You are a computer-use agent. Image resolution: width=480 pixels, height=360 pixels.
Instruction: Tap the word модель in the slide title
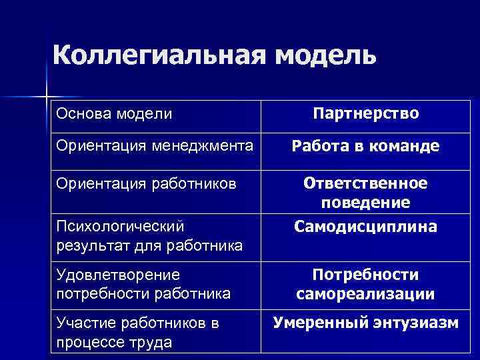click(x=324, y=55)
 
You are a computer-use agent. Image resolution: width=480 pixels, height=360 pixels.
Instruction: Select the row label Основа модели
click(x=114, y=114)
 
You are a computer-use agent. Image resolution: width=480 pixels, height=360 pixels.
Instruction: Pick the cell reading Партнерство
click(x=365, y=113)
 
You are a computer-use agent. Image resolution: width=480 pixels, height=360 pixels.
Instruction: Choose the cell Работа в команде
click(x=365, y=146)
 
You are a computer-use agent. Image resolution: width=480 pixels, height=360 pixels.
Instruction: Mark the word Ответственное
click(x=365, y=183)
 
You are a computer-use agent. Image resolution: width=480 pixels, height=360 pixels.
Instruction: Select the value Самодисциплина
click(x=365, y=227)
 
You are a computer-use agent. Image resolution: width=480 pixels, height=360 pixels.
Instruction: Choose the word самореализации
click(x=365, y=294)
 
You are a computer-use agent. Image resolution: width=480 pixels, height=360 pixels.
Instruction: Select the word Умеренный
click(x=315, y=323)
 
